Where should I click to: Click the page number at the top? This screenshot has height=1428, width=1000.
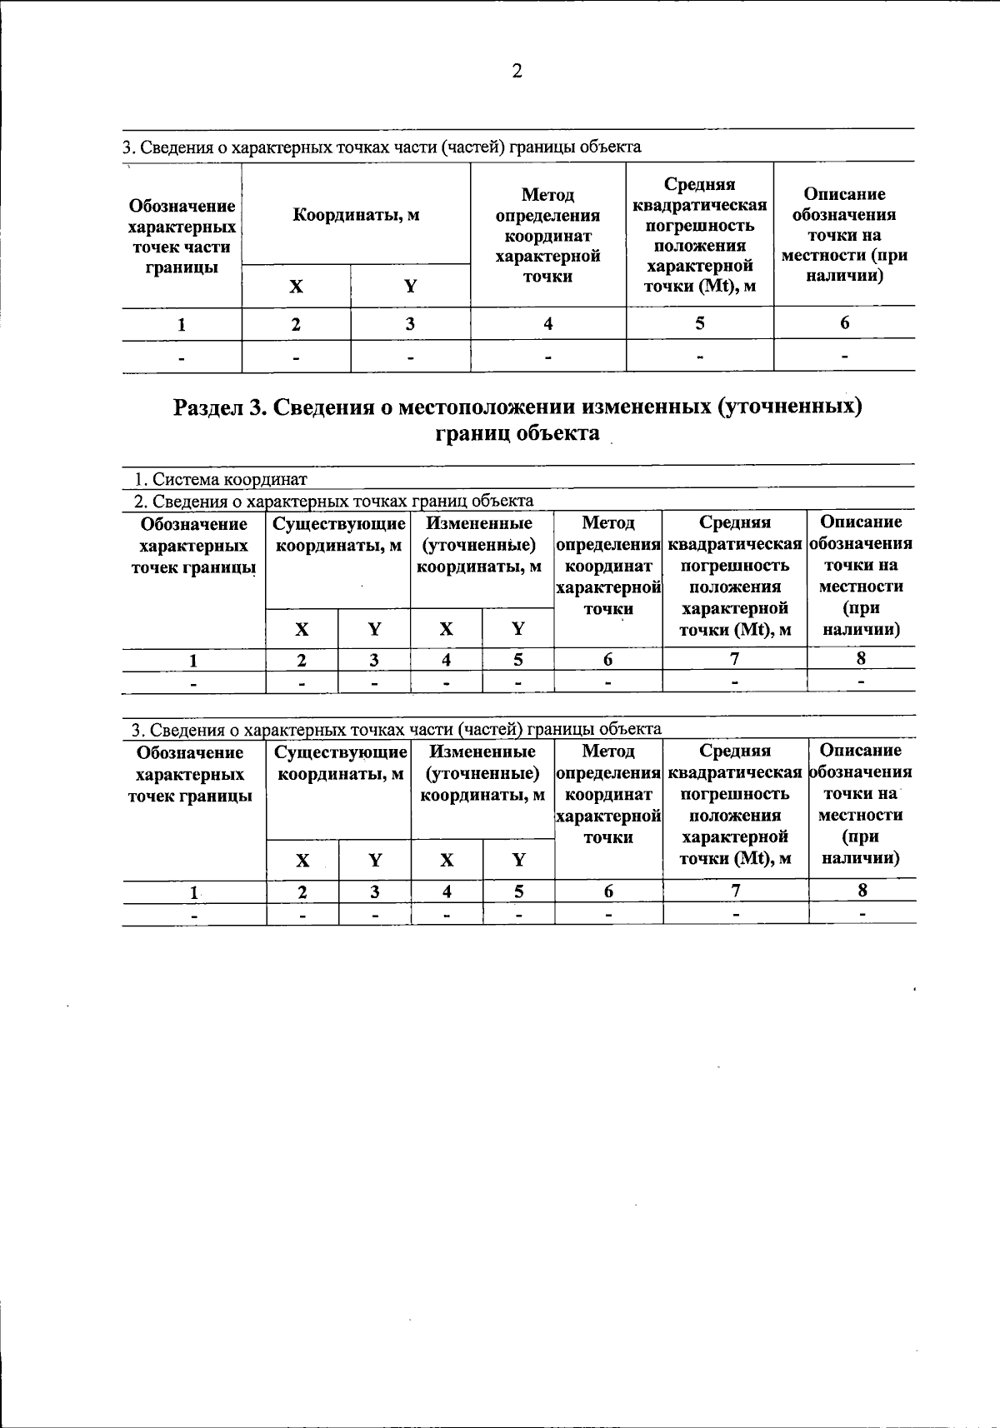point(517,72)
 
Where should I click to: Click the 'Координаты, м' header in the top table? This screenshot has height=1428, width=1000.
point(356,215)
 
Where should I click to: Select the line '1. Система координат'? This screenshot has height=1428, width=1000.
point(221,480)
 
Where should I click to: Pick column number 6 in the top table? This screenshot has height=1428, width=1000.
point(844,323)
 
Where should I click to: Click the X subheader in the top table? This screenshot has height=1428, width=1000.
point(296,287)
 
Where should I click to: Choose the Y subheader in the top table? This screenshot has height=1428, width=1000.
point(410,287)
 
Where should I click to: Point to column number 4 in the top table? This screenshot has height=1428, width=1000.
point(547,323)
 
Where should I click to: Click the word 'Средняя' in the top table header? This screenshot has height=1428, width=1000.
point(699,184)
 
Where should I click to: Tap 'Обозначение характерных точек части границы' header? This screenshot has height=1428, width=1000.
point(182,237)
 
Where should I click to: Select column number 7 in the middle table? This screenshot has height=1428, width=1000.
point(734,659)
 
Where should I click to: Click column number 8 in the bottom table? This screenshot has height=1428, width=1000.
point(862,891)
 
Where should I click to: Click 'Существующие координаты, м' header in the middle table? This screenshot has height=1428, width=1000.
point(338,535)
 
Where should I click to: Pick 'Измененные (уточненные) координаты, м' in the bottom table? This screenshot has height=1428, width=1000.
point(482,774)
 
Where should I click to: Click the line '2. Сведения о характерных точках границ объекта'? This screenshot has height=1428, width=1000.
point(333,501)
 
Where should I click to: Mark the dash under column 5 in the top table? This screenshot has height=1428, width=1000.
point(699,357)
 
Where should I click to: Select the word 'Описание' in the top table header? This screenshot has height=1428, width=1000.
point(844,194)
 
